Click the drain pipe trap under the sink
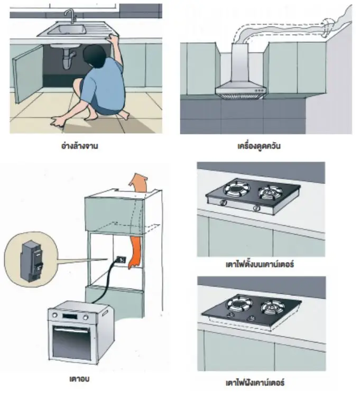[68, 60]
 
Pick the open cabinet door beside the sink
[27, 73]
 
